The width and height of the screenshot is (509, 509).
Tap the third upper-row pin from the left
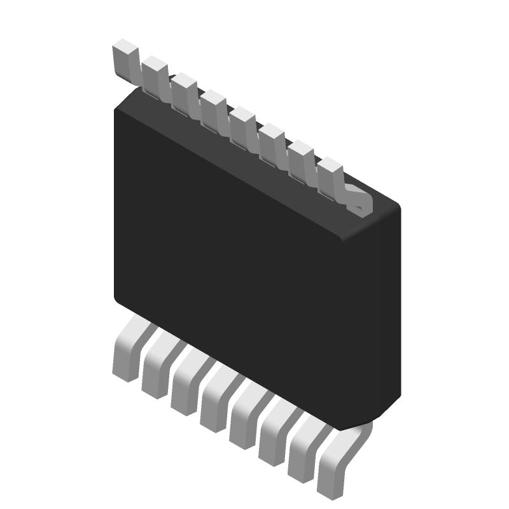(183, 88)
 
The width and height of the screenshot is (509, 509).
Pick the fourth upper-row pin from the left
(213, 105)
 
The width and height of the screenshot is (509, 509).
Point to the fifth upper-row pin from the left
(242, 121)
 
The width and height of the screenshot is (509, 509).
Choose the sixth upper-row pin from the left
(271, 137)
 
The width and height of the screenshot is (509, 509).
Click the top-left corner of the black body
(116, 109)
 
